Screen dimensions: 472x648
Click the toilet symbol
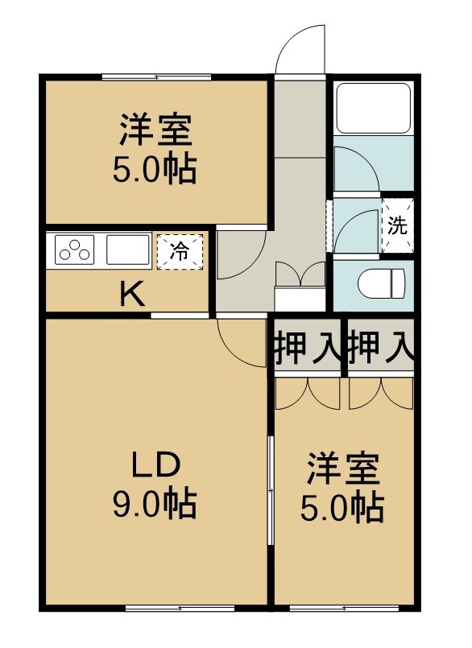pyautogui.click(x=382, y=283)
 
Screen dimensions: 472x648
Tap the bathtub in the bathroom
pyautogui.click(x=374, y=109)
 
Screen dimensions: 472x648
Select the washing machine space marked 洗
pyautogui.click(x=397, y=225)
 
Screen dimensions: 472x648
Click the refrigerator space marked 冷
pyautogui.click(x=180, y=252)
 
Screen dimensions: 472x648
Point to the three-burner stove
pyautogui.click(x=74, y=250)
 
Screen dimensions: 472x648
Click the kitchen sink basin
pyautogui.click(x=128, y=250)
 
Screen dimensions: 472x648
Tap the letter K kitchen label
pyautogui.click(x=132, y=293)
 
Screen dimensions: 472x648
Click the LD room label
pyautogui.click(x=155, y=464)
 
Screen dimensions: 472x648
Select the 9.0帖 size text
pyautogui.click(x=155, y=504)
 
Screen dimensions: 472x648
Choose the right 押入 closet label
pyautogui.click(x=380, y=348)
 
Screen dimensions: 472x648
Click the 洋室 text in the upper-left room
pyautogui.click(x=156, y=130)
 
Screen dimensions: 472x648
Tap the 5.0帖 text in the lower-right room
pyautogui.click(x=342, y=508)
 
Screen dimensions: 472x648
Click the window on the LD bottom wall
pyautogui.click(x=180, y=609)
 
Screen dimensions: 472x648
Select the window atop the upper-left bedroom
pyautogui.click(x=156, y=76)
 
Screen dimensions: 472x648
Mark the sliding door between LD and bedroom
pyautogui.click(x=271, y=490)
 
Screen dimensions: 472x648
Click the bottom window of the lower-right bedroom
pyautogui.click(x=344, y=609)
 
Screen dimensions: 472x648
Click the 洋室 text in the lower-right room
pyautogui.click(x=343, y=469)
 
